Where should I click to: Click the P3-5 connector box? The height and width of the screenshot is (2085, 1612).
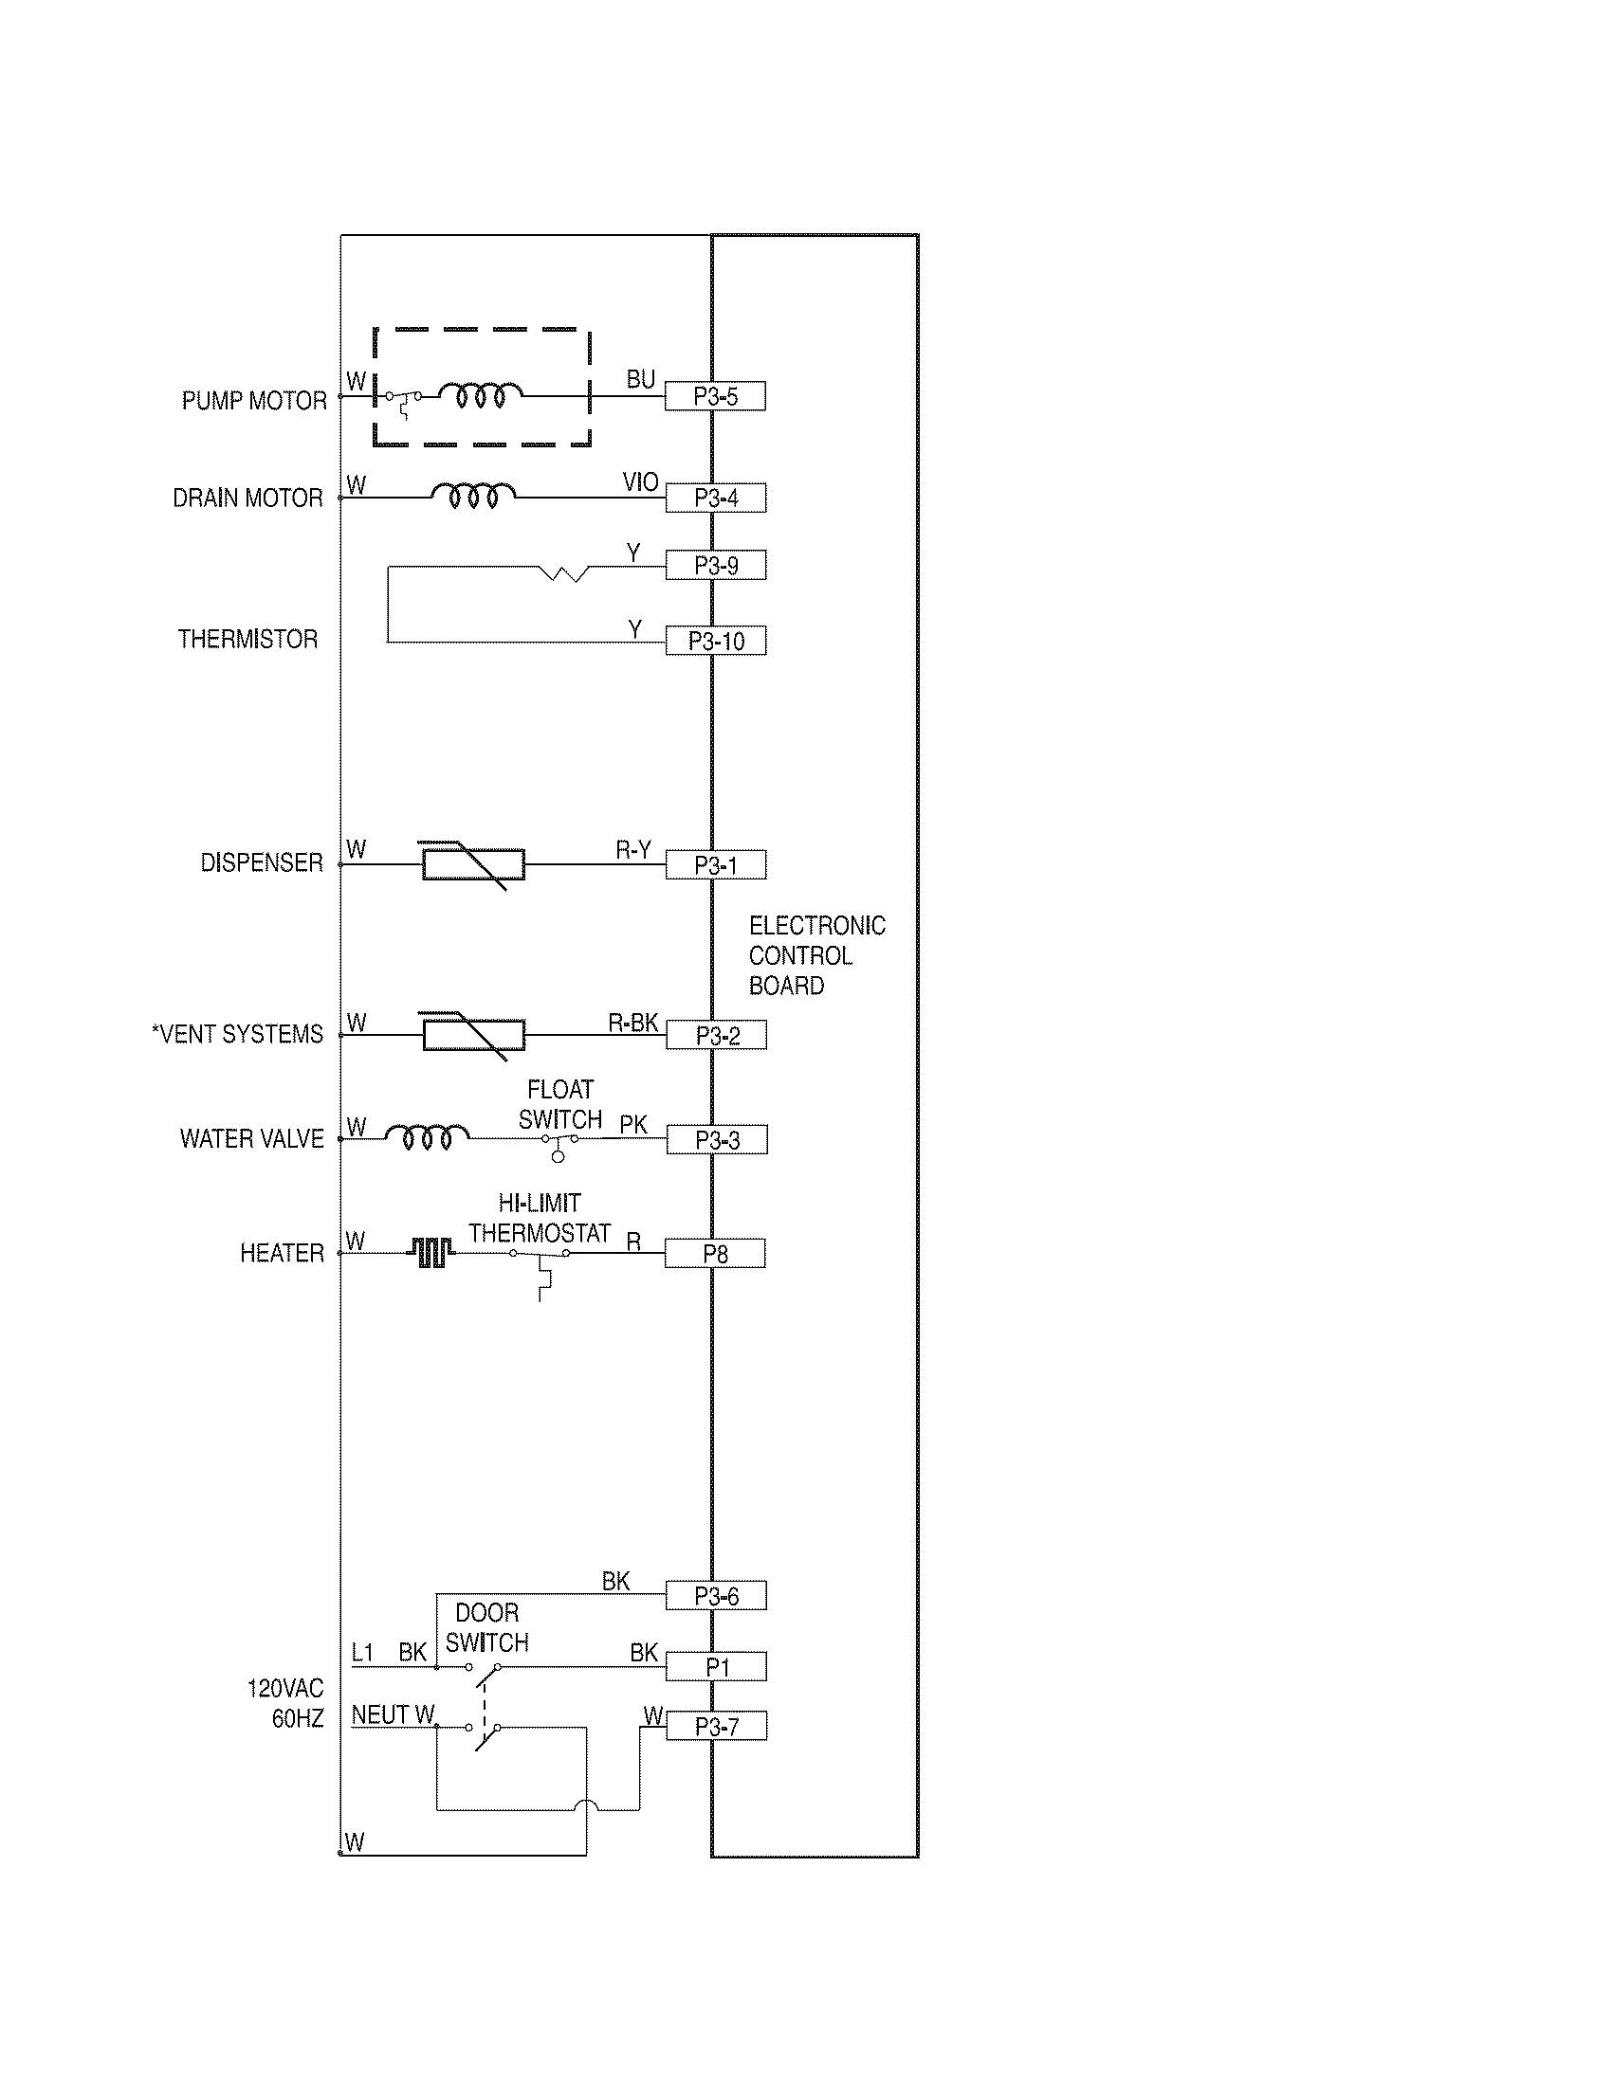click(715, 396)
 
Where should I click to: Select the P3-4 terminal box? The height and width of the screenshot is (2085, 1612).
click(715, 499)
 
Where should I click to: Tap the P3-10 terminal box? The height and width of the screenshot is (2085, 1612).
click(715, 642)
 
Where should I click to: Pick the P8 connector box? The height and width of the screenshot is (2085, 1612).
click(715, 1254)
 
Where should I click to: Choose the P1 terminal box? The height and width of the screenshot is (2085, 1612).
click(716, 1668)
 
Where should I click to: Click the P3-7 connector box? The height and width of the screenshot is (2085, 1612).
click(716, 1727)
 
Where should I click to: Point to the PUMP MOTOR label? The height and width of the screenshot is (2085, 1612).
click(254, 401)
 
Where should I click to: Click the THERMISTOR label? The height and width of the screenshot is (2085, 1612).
click(247, 640)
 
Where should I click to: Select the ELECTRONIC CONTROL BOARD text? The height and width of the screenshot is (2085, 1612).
click(815, 955)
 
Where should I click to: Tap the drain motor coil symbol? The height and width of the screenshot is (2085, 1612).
click(474, 496)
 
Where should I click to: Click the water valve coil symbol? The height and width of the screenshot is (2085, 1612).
click(427, 1136)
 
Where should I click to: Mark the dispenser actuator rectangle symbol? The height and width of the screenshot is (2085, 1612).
click(474, 865)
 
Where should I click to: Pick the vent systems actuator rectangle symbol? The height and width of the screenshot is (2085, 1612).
click(474, 1036)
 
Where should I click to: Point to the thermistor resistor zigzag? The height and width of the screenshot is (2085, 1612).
click(564, 572)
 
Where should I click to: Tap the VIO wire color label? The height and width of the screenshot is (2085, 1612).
click(640, 482)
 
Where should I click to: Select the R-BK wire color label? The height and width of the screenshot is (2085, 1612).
click(632, 1024)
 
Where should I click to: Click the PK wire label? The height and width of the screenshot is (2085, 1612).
click(632, 1126)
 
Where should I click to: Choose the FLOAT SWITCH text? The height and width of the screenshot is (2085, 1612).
click(560, 1104)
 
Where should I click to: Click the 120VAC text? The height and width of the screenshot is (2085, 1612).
click(285, 1688)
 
